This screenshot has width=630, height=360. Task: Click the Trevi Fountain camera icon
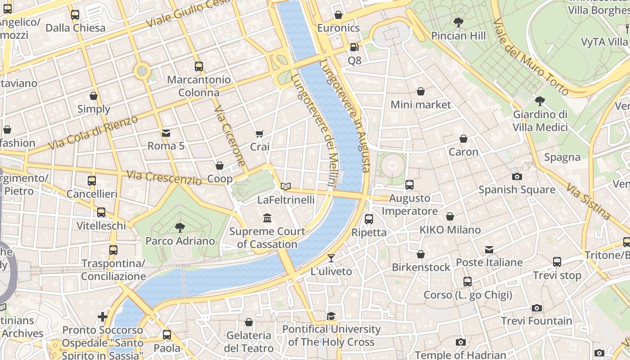[536, 308]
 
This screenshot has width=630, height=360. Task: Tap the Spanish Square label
[517, 189]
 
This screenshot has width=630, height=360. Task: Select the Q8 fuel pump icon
[354, 47]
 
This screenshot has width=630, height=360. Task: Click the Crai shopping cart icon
[259, 134]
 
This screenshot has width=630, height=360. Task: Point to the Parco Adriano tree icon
[180, 227]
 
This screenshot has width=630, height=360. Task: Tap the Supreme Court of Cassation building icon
[267, 218]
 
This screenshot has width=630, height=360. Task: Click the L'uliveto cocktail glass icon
[331, 258]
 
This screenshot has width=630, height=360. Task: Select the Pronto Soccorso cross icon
[103, 317]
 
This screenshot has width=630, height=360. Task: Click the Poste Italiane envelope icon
[489, 249]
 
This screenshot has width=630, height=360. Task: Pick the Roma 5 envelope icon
[166, 133]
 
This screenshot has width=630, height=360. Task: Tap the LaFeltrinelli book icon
[286, 186]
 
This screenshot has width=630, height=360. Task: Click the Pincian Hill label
[458, 36]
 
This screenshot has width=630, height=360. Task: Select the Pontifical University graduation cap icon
[331, 316]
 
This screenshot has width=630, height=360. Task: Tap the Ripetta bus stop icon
[369, 219]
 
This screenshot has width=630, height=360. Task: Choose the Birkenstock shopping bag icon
[421, 254]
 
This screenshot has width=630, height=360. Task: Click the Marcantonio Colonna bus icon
[199, 67]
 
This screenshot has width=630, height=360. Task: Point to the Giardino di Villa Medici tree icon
[540, 101]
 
